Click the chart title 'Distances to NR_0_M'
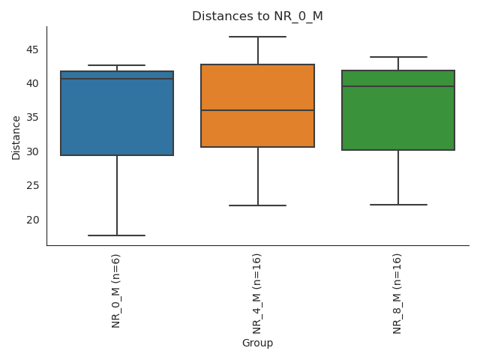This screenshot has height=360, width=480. click(257, 16)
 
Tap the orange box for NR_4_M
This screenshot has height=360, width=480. click(257, 127)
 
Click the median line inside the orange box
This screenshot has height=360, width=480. click(257, 110)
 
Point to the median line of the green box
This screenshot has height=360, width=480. click(398, 86)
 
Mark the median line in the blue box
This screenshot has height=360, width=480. click(117, 79)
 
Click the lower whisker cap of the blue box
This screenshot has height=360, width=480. click(117, 235)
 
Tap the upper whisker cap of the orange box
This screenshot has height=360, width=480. click(257, 37)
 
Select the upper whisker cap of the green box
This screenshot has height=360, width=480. click(398, 57)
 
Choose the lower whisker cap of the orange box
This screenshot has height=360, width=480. click(257, 205)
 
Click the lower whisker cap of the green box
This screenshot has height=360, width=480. click(398, 205)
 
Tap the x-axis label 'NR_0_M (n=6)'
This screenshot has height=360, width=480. click(116, 290)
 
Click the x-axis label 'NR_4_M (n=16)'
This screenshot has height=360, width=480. click(257, 293)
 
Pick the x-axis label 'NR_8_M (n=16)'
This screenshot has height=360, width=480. click(397, 293)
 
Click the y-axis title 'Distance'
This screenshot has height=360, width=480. click(16, 137)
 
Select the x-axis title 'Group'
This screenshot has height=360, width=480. click(257, 343)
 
